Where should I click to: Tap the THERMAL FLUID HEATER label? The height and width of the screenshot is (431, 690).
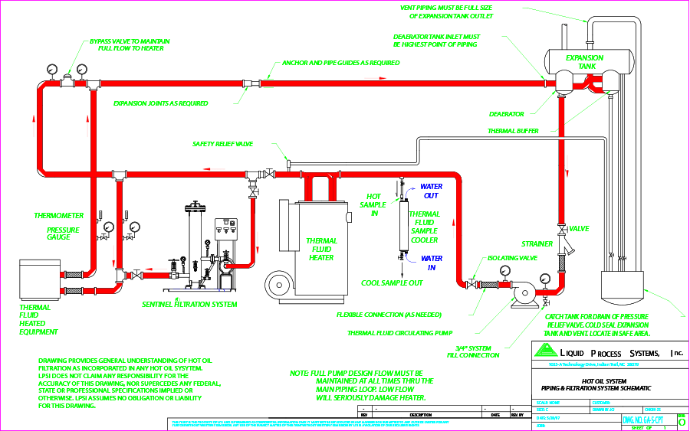click(x=321, y=249)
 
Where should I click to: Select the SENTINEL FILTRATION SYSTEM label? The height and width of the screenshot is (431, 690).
click(x=189, y=304)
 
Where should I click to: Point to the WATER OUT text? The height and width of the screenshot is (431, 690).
click(x=431, y=191)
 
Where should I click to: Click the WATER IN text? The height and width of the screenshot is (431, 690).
click(x=431, y=263)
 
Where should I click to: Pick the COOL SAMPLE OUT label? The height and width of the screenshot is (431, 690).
click(x=392, y=282)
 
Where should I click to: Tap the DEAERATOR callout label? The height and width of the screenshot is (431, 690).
click(x=507, y=114)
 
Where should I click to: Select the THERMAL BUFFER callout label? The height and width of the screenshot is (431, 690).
click(x=513, y=131)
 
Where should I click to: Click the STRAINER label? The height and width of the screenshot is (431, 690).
click(x=537, y=243)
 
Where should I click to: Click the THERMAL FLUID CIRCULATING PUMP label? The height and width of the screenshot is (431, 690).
click(x=400, y=333)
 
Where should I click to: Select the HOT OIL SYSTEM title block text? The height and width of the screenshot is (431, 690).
click(x=605, y=380)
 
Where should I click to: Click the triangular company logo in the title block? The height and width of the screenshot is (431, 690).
click(x=544, y=351)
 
